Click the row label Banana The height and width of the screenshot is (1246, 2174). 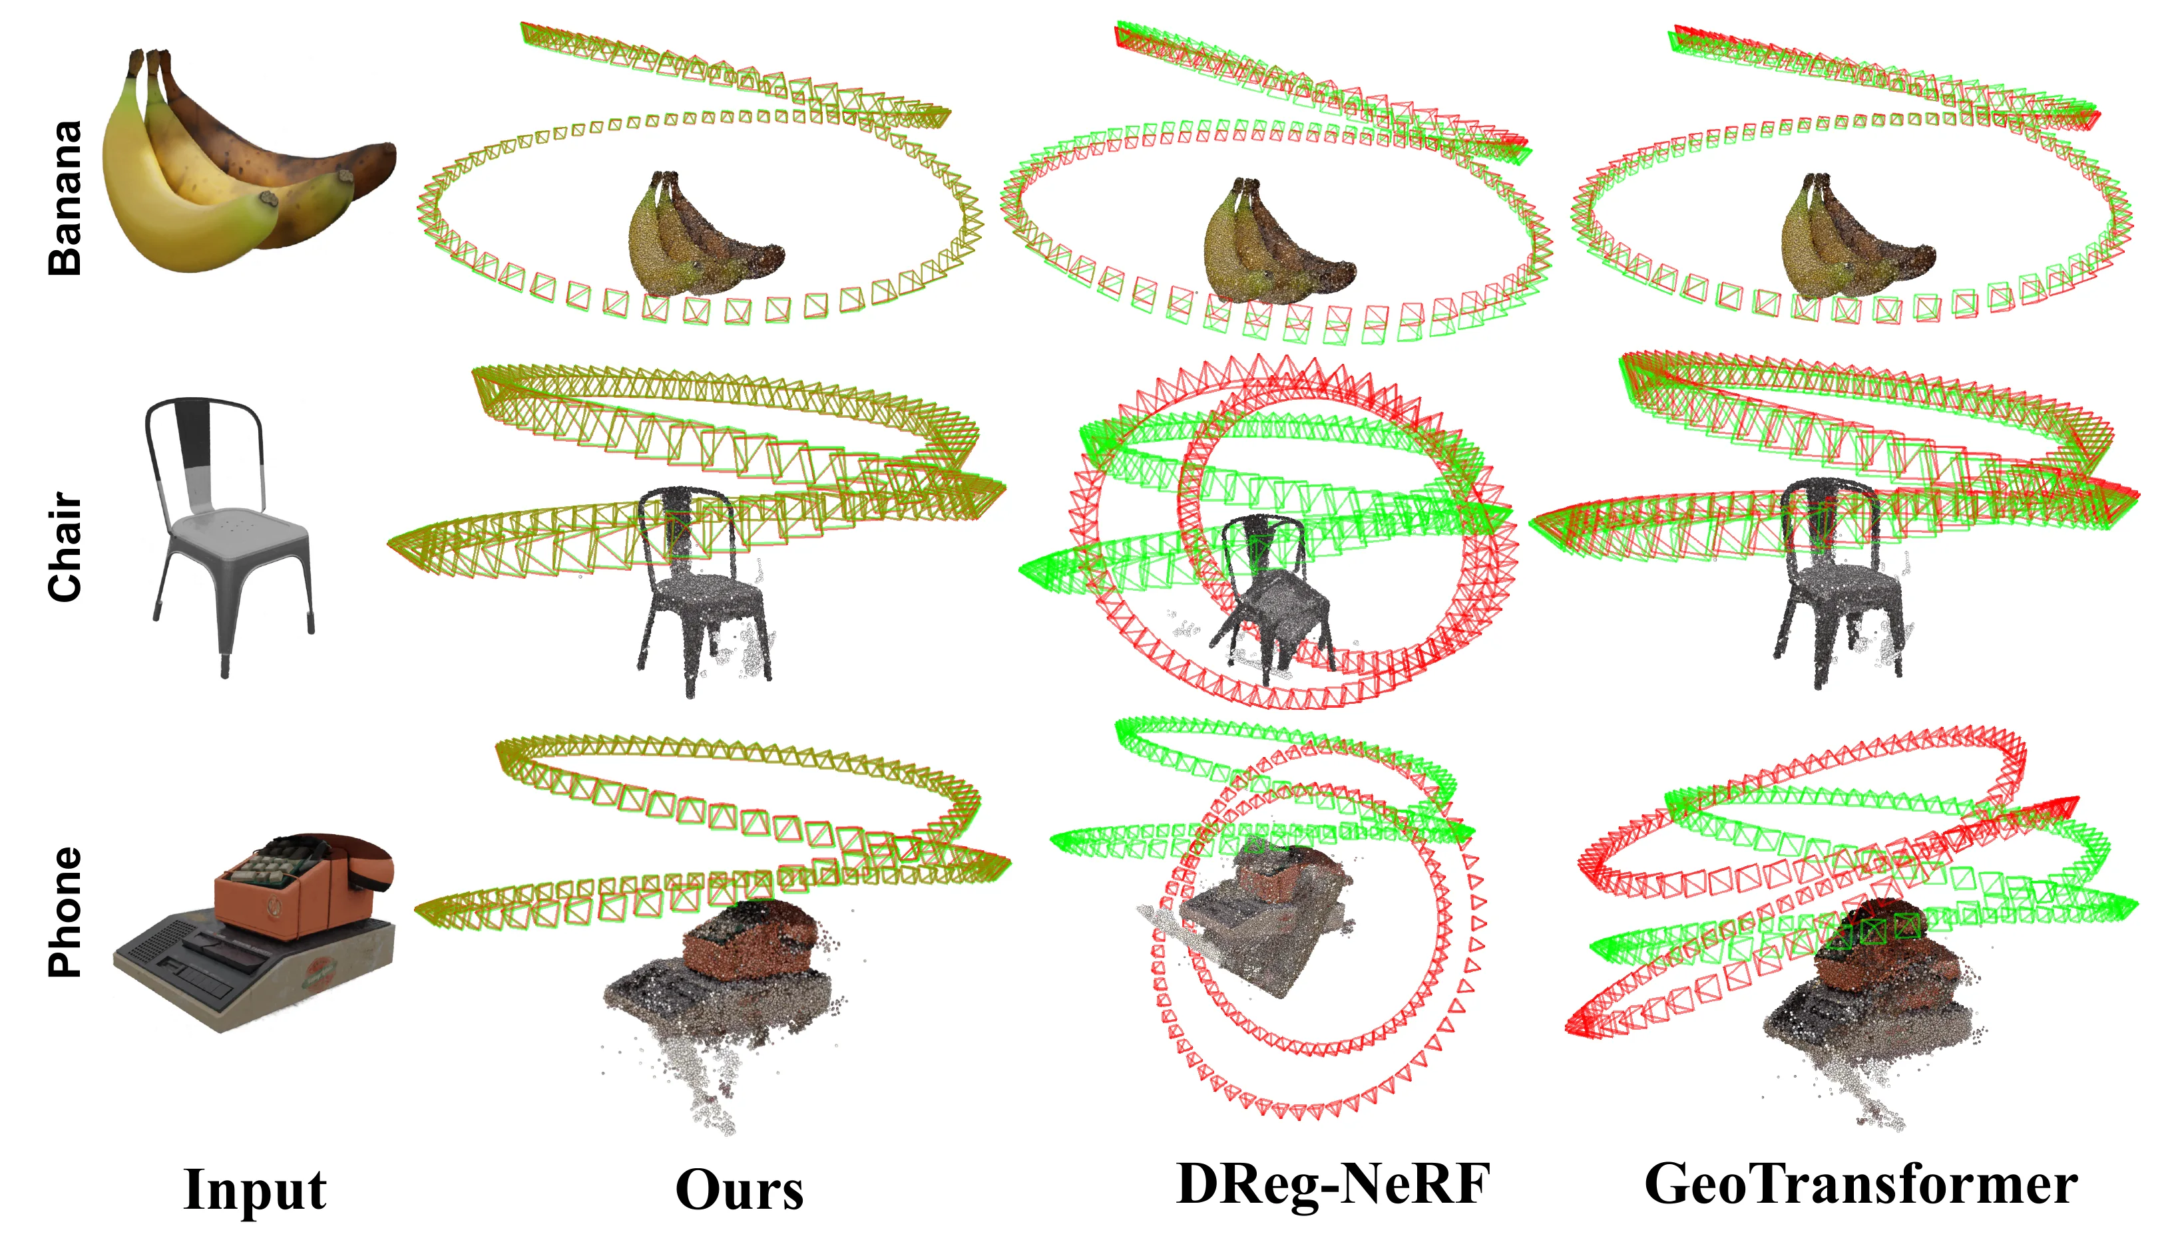[x=65, y=198]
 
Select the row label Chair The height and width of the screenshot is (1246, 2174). [x=65, y=547]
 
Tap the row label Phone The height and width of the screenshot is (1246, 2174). [x=65, y=912]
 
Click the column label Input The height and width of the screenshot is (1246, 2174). [x=255, y=1189]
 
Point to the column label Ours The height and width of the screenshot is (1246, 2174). [x=740, y=1189]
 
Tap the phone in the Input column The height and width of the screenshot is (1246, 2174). [x=255, y=932]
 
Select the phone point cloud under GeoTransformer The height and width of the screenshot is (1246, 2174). [x=1871, y=1010]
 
